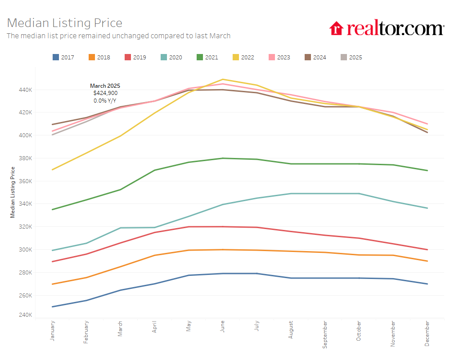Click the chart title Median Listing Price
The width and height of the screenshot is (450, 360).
point(65,23)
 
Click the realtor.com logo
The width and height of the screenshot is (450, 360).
point(387,28)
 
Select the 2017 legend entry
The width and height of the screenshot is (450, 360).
point(63,57)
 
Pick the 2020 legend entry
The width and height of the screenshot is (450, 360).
point(171,57)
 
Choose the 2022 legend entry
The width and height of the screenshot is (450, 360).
point(243,57)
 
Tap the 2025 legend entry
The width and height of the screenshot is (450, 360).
point(351,57)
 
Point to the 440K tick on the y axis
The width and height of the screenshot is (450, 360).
point(25,90)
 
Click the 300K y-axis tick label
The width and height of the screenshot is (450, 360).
point(25,249)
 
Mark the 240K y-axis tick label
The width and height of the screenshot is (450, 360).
point(25,315)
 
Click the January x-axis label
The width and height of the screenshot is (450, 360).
point(52,331)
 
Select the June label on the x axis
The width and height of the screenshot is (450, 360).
point(223,328)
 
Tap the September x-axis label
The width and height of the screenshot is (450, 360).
point(325,334)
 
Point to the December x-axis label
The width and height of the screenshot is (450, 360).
point(427,333)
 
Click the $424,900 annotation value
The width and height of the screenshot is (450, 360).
point(105,93)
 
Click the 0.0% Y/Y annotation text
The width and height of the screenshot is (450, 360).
point(105,100)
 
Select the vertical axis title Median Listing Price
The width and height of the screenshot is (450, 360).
point(13,192)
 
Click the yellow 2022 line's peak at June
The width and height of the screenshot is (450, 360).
point(223,79)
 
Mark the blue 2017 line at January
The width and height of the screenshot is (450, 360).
point(53,307)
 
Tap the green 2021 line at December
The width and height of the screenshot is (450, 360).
point(427,171)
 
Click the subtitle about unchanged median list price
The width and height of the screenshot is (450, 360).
point(118,36)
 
